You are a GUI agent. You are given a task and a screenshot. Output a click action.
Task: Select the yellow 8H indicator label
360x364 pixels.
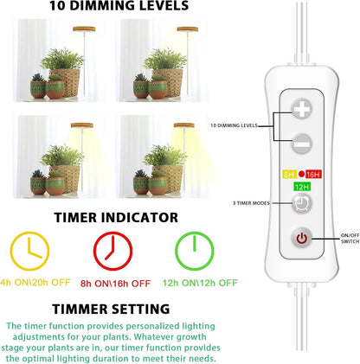click(x=289, y=174)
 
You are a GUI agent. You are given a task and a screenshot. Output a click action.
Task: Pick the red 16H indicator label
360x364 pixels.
click(x=313, y=174)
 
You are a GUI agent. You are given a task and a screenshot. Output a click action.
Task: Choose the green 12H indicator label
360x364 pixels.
click(x=300, y=186)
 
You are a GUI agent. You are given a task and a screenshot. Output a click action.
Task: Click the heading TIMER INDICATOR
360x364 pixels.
click(x=115, y=217)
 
